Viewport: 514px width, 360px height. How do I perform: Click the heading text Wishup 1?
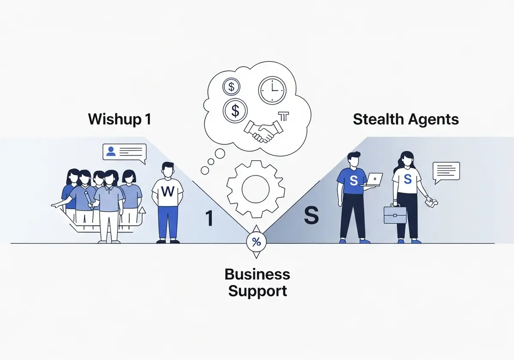point(120,120)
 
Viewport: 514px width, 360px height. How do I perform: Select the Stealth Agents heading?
point(406,120)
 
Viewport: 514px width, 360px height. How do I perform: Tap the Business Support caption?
point(257,282)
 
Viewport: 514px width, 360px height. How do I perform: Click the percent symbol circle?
point(256,242)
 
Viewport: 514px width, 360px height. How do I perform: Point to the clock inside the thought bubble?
point(272,90)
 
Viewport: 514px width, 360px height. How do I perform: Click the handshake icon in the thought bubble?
point(263,132)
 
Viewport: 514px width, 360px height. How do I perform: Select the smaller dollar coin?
point(231,87)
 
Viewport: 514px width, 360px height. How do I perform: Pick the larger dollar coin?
point(235,111)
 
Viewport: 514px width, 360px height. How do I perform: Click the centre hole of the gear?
point(256,189)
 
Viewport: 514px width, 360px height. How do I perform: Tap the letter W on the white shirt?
point(168,191)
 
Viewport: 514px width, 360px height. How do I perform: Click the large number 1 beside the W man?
point(209,218)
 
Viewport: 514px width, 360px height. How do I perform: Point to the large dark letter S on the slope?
point(311,215)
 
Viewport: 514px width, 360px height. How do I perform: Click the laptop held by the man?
point(372,179)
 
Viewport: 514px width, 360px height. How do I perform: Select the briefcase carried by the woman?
point(395,214)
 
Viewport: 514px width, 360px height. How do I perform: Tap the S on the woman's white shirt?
point(407,179)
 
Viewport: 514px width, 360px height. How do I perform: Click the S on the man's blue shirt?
point(354,180)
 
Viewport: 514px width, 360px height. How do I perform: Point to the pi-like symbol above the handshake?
point(284,116)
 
